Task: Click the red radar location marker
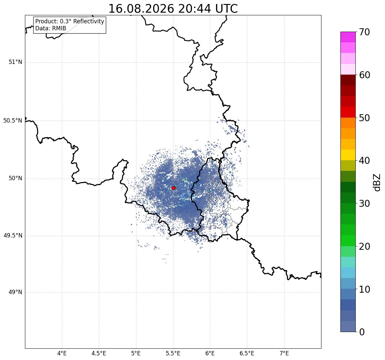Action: point(174,188)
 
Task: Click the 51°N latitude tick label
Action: point(15,62)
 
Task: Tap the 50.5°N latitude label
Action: point(13,121)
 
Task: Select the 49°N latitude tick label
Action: point(15,292)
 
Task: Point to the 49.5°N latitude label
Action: point(13,236)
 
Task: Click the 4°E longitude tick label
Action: point(62,354)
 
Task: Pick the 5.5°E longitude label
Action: point(173,354)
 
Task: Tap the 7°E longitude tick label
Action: point(284,354)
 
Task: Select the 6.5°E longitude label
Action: point(247,354)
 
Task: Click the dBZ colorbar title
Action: point(376,182)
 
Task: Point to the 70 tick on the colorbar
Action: point(364,32)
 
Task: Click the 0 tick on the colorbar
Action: point(362,332)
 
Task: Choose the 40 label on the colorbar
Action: point(364,161)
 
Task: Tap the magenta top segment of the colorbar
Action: point(348,37)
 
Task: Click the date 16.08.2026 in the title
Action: point(141,9)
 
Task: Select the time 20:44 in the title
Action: point(195,9)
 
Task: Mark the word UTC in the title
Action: point(227,9)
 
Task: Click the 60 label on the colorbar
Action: point(364,75)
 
